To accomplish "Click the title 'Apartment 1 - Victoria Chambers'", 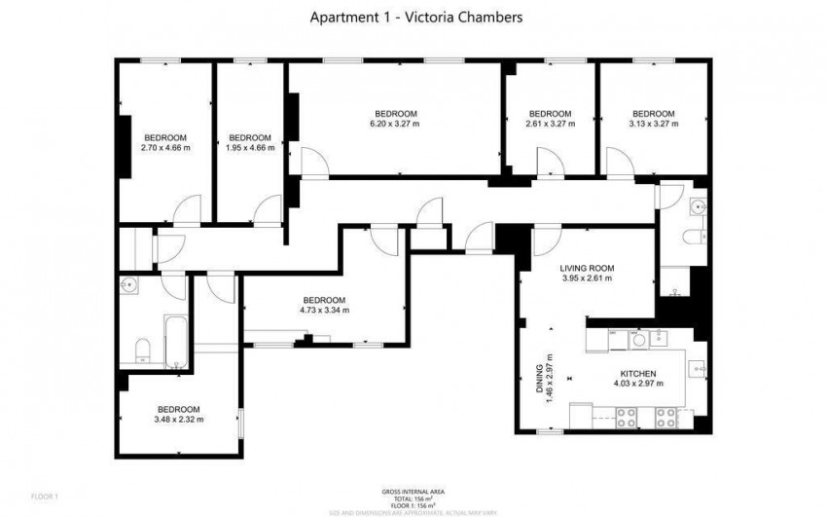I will click(x=413, y=17).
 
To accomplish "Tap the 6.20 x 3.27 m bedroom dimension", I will click(x=394, y=124).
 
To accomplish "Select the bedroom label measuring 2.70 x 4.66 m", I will click(x=165, y=148).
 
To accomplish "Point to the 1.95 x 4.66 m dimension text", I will click(x=249, y=148).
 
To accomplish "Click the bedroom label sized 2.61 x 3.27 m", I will click(x=550, y=124).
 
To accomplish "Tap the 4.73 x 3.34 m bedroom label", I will click(x=324, y=311).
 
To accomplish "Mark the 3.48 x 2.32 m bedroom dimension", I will click(x=179, y=420).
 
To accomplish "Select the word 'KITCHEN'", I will click(x=639, y=374).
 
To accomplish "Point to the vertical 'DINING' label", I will click(x=540, y=378).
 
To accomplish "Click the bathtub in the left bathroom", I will click(x=175, y=341).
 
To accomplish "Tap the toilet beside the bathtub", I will click(x=140, y=350).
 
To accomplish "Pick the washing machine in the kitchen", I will click(x=638, y=339).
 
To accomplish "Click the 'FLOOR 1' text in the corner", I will click(x=44, y=498).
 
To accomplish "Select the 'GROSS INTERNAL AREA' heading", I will click(x=413, y=491).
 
